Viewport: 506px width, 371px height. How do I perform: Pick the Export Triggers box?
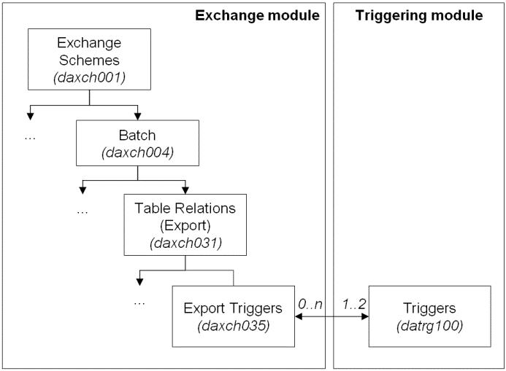coord(231,316)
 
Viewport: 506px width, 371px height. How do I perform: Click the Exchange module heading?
coord(257,15)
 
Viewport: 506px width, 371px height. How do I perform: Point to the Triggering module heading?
coord(419,15)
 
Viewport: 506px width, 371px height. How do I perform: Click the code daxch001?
coord(90,74)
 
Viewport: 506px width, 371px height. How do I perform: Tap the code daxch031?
coord(185,240)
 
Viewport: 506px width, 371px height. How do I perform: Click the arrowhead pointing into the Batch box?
coord(138,116)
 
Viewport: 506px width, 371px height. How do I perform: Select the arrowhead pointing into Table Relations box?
coord(185,190)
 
